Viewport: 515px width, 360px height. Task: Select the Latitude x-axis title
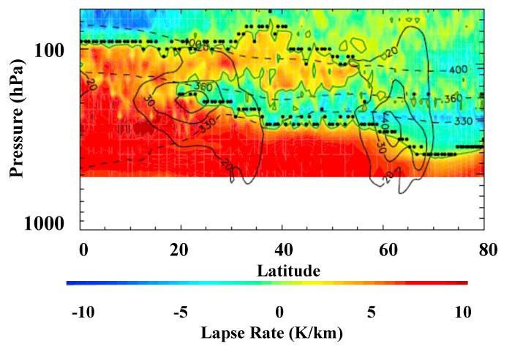pyautogui.click(x=288, y=271)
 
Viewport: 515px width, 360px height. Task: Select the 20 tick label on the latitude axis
pyautogui.click(x=179, y=250)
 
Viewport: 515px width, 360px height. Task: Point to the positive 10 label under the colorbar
pyautogui.click(x=462, y=312)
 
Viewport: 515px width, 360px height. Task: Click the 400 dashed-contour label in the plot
pyautogui.click(x=457, y=70)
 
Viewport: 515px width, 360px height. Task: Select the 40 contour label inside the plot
pyautogui.click(x=386, y=119)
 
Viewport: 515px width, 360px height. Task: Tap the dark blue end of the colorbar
pyautogui.click(x=70, y=282)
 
